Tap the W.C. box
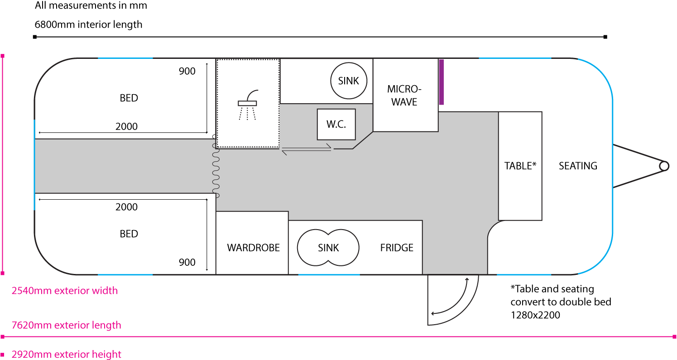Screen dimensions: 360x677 tap(336, 125)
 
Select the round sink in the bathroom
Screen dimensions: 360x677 tap(348, 81)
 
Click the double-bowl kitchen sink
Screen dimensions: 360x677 tap(328, 248)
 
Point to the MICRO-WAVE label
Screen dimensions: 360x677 tap(404, 95)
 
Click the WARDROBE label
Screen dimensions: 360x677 tap(253, 248)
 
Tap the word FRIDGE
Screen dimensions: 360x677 tap(397, 248)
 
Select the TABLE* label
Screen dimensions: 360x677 tap(520, 166)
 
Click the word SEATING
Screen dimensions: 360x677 tap(578, 166)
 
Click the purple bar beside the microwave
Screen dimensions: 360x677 tap(442, 82)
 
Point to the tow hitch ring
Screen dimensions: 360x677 tap(664, 166)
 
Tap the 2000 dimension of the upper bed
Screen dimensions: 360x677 tap(126, 127)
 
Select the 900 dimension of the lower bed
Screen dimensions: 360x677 tap(187, 262)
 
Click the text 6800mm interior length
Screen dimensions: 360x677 tap(88, 24)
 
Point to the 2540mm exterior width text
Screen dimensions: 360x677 tap(65, 291)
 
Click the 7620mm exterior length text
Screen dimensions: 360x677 tap(66, 325)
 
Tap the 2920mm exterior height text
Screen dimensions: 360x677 tap(66, 354)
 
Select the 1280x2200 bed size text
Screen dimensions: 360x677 tap(535, 315)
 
